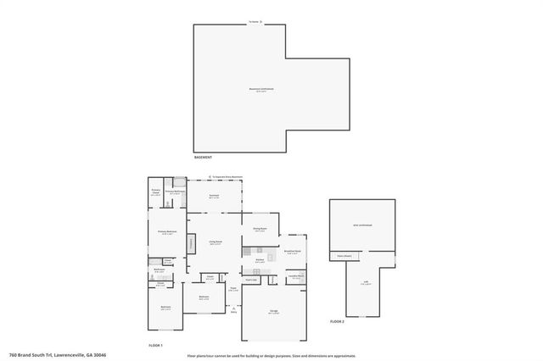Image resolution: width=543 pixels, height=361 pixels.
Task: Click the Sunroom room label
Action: coord(213,197)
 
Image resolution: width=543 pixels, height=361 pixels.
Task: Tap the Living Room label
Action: coord(216,242)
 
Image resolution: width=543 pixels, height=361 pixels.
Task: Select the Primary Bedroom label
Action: coord(166,232)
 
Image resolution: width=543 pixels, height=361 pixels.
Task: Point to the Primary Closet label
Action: coord(156,192)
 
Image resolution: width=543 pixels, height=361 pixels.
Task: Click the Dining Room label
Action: coord(260,229)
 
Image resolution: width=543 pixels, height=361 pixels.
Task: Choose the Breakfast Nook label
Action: coord(293,253)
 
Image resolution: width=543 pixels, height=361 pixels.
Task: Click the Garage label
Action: coord(274,313)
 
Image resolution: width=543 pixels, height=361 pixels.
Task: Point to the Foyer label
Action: coord(232,289)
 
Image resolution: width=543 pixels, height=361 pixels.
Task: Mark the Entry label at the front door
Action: coord(233,312)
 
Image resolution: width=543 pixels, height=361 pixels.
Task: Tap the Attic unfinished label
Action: coord(362,225)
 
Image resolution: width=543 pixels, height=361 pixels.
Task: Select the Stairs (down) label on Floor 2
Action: coord(344,255)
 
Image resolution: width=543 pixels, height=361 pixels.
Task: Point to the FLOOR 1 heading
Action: coord(155,346)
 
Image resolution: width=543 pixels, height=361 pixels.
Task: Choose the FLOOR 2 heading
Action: coord(337,322)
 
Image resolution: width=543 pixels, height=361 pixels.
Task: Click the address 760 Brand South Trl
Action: coord(50,355)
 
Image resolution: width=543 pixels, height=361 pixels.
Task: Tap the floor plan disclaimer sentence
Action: coord(271,356)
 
